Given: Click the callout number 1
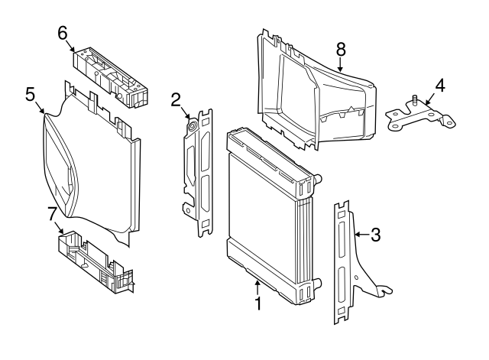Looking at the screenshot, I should pyautogui.click(x=258, y=304).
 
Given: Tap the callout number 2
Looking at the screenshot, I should pyautogui.click(x=176, y=99).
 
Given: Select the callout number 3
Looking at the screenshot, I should pyautogui.click(x=375, y=235).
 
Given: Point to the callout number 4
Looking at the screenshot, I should pyautogui.click(x=439, y=84).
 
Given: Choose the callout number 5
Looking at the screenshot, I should pyautogui.click(x=31, y=94).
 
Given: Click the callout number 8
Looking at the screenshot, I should pyautogui.click(x=341, y=49).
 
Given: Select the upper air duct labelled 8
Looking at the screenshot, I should pyautogui.click(x=317, y=92).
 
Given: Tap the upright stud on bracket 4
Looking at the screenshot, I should pyautogui.click(x=413, y=99).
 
